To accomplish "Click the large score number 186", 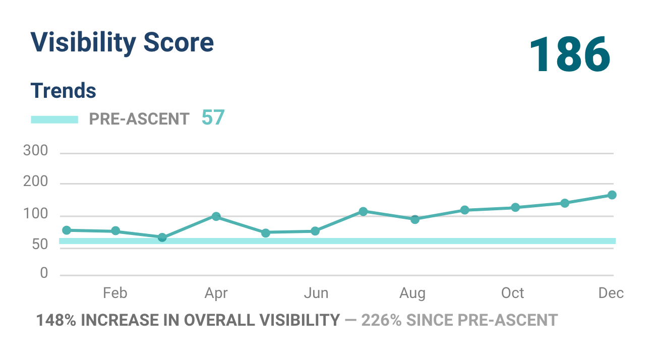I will (x=570, y=55).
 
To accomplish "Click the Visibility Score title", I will (x=122, y=42).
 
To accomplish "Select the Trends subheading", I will (x=63, y=91).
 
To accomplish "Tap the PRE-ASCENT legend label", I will (x=139, y=119).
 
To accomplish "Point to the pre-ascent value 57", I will (x=213, y=118).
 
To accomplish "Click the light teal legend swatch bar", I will (x=54, y=119).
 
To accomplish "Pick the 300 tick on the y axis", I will (x=35, y=151).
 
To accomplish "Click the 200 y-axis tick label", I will (x=35, y=182).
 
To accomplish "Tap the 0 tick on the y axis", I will (x=44, y=273).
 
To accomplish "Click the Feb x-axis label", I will (x=115, y=293).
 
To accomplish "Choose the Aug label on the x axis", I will (x=412, y=293).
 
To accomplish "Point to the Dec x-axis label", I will (x=611, y=293).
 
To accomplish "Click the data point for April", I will (x=216, y=217).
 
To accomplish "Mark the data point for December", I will (x=612, y=195).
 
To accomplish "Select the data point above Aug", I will (x=415, y=219).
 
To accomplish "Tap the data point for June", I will (x=315, y=231).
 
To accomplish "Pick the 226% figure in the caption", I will (x=382, y=320).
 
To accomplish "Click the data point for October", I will (x=515, y=207).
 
